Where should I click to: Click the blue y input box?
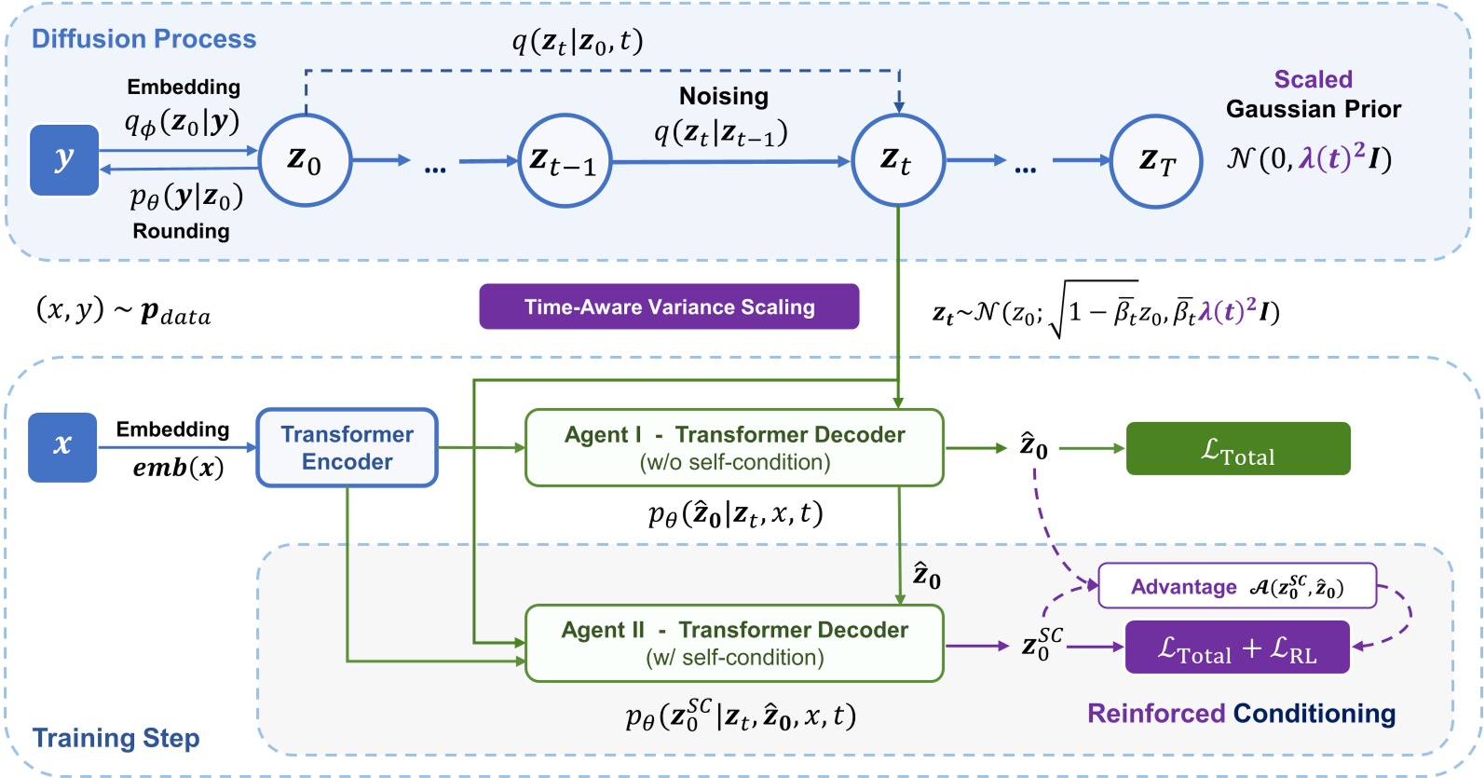[x=63, y=160]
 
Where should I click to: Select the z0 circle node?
[x=305, y=161]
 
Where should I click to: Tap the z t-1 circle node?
[x=564, y=161]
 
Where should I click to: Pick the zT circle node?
[x=1156, y=161]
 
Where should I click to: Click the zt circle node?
[x=898, y=161]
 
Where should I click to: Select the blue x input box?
[x=62, y=447]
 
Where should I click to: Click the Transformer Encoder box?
[x=347, y=448]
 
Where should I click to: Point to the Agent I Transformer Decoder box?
[x=734, y=448]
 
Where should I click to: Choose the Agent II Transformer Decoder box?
[x=734, y=644]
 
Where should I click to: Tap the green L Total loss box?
[x=1237, y=449]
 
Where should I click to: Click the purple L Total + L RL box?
[x=1237, y=647]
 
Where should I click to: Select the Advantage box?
[x=1237, y=586]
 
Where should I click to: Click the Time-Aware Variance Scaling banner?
[x=669, y=307]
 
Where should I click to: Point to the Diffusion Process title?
[x=143, y=39]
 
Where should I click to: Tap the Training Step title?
[x=116, y=738]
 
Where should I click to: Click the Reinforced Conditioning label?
[x=1241, y=714]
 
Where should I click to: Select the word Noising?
[x=724, y=97]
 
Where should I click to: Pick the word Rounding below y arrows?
[x=181, y=231]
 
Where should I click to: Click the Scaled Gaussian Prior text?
[x=1313, y=95]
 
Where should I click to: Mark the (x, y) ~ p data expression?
[x=123, y=310]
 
